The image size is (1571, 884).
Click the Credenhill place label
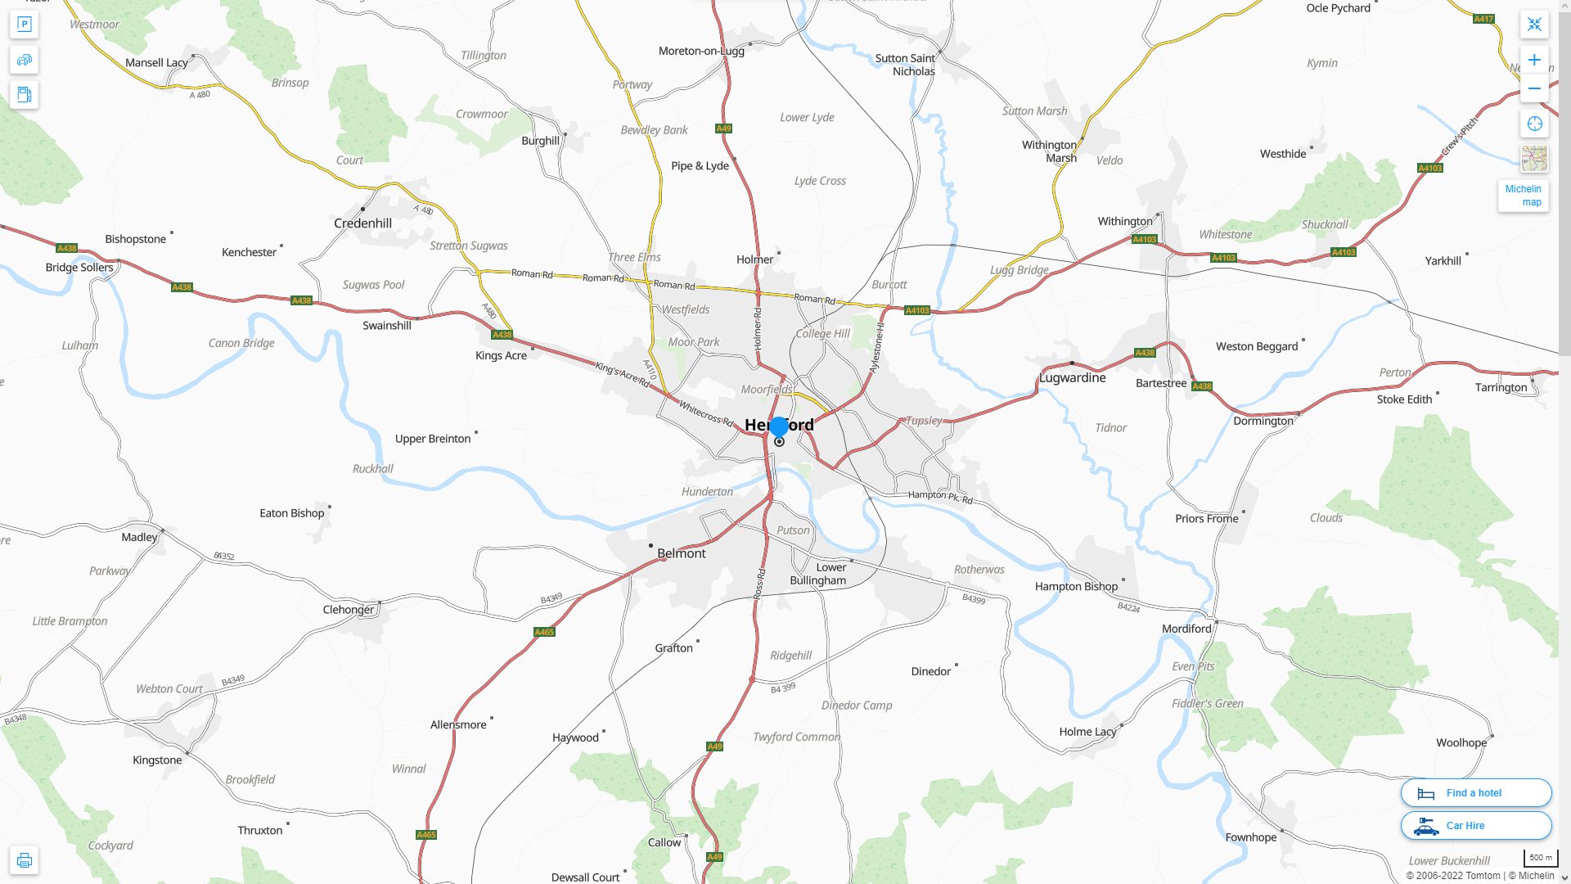click(x=362, y=223)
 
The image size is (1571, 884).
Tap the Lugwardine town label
click(x=1072, y=378)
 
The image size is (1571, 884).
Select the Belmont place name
click(x=681, y=553)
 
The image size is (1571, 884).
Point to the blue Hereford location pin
click(x=779, y=426)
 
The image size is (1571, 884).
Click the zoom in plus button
click(x=1534, y=60)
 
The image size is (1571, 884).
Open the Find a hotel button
click(x=1475, y=793)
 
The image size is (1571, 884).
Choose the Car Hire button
click(x=1475, y=826)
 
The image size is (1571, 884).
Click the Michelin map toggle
click(x=1523, y=196)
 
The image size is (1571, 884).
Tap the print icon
click(x=24, y=860)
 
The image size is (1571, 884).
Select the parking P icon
click(x=24, y=25)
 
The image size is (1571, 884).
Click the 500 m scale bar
click(x=1540, y=858)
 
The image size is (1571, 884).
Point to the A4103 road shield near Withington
click(x=1144, y=240)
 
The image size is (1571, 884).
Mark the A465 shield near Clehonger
click(x=544, y=632)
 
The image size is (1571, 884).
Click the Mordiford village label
click(x=1186, y=629)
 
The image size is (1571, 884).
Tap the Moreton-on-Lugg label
click(x=701, y=51)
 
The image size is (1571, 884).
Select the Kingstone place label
click(x=157, y=760)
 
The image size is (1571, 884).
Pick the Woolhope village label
click(x=1461, y=743)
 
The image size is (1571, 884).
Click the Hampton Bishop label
click(x=1076, y=586)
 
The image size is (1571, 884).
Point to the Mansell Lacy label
click(x=156, y=63)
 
